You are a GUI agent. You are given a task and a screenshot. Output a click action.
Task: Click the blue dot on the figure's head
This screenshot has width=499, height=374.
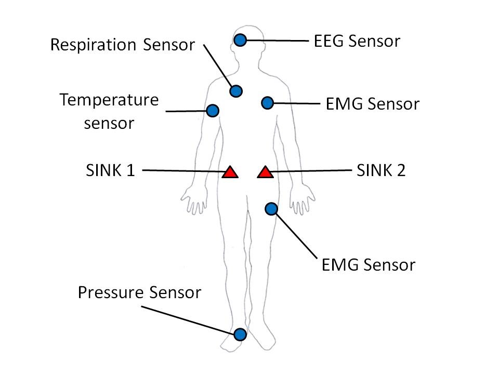pyautogui.click(x=240, y=40)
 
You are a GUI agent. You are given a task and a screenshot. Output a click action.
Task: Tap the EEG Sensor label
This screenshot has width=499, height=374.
pyautogui.click(x=357, y=41)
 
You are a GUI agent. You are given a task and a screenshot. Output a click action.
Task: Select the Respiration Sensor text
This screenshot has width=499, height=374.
pyautogui.click(x=123, y=45)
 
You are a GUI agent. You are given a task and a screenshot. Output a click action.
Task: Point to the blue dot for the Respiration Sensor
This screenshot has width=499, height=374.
pyautogui.click(x=236, y=91)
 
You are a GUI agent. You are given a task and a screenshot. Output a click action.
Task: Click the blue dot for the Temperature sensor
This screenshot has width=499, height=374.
pyautogui.click(x=213, y=111)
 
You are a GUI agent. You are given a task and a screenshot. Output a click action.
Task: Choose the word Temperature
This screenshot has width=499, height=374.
pyautogui.click(x=109, y=100)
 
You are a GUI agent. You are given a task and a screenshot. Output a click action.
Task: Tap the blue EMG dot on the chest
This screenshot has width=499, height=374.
pyautogui.click(x=268, y=103)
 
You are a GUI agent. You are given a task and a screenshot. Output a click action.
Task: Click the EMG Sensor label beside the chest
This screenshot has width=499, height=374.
pyautogui.click(x=372, y=104)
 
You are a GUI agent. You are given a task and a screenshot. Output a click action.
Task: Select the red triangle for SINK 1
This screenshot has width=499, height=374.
pyautogui.click(x=230, y=172)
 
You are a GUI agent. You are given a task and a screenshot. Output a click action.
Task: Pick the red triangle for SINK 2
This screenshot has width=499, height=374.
pyautogui.click(x=265, y=172)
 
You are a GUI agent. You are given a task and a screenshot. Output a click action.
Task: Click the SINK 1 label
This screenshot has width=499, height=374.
pyautogui.click(x=110, y=170)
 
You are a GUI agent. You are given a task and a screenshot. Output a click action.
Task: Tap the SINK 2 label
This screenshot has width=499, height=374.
pyautogui.click(x=381, y=170)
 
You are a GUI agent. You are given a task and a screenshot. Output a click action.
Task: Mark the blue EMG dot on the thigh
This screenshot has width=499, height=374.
pyautogui.click(x=271, y=209)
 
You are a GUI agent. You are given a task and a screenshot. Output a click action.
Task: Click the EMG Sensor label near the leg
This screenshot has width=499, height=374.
pyautogui.click(x=368, y=265)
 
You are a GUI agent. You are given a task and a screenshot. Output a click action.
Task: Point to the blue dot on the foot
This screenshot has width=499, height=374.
pyautogui.click(x=240, y=335)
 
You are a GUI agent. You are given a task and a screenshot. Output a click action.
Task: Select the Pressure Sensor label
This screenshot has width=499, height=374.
pyautogui.click(x=139, y=292)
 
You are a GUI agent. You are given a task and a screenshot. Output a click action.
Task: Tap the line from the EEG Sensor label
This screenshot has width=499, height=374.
pyautogui.click(x=278, y=41)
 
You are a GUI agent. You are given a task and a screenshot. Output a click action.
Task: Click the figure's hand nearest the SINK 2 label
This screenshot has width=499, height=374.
pyautogui.click(x=302, y=199)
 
